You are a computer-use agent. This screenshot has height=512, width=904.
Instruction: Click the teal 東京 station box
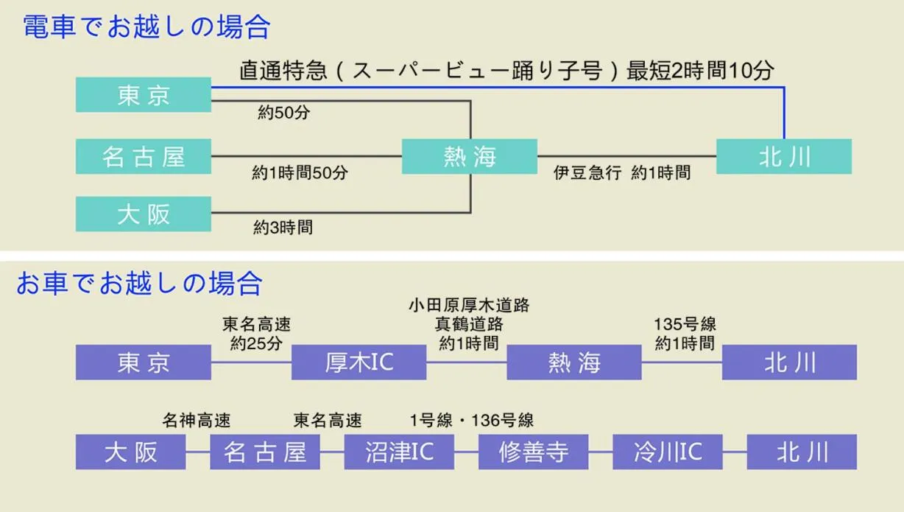(144, 95)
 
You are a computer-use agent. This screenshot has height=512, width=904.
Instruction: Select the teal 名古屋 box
(144, 156)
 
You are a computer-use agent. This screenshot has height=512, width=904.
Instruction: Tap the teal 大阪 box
(144, 214)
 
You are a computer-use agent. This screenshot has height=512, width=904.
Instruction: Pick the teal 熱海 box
(470, 156)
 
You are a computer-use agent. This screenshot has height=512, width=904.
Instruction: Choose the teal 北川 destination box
(784, 156)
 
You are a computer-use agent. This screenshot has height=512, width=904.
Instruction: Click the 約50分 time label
(283, 113)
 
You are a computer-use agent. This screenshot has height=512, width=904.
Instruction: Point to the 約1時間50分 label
(300, 173)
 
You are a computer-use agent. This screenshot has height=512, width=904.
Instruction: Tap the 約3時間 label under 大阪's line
(283, 228)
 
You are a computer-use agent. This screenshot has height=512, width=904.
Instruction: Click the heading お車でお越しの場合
(140, 283)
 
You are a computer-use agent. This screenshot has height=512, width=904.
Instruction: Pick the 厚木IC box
(359, 362)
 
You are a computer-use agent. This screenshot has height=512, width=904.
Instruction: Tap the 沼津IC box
(399, 452)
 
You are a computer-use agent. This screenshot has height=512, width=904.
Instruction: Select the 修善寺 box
(533, 452)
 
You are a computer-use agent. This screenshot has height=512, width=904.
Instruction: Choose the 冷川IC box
(668, 452)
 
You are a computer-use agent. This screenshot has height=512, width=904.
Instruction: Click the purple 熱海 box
(574, 362)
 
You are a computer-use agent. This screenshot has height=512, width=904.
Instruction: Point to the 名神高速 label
(197, 421)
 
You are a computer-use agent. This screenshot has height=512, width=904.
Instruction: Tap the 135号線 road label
(685, 324)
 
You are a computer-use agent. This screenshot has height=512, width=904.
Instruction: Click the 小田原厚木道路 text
(469, 304)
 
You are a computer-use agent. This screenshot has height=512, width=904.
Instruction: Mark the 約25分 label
(257, 343)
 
